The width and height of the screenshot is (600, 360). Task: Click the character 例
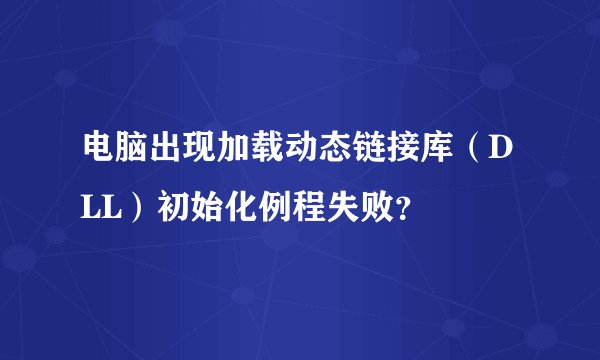[280, 208]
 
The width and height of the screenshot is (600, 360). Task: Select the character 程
[316, 208]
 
